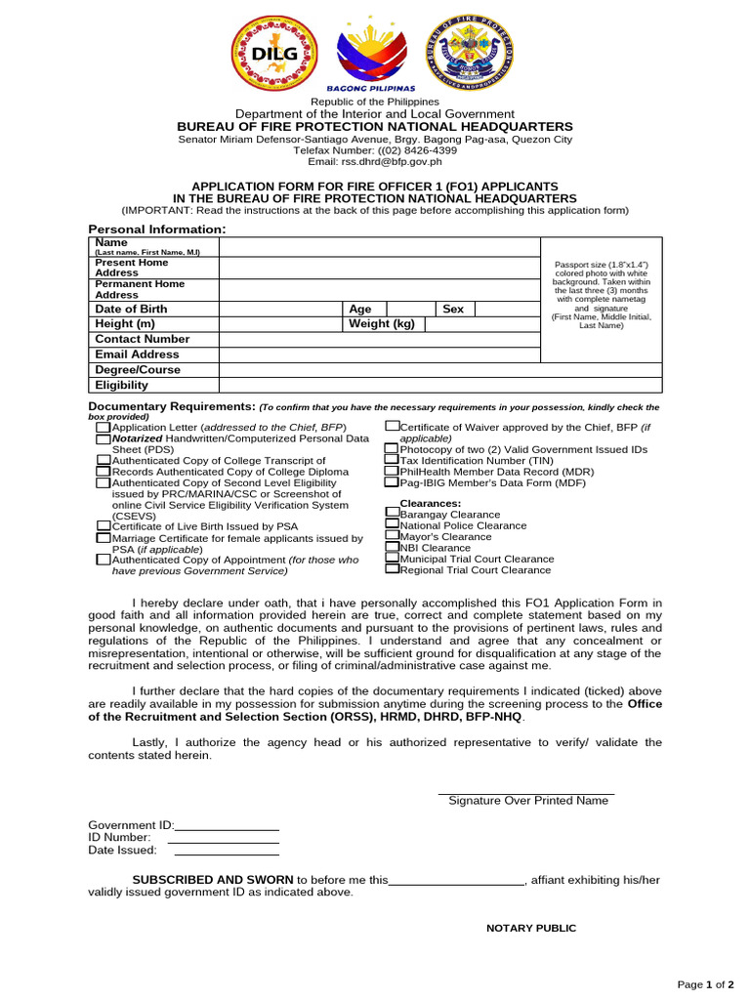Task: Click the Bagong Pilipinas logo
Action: (x=375, y=57)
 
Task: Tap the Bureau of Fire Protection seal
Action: (x=471, y=55)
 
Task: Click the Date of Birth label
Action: (x=131, y=309)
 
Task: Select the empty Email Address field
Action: (x=380, y=354)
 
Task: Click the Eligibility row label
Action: (x=122, y=386)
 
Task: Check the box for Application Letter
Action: (x=103, y=428)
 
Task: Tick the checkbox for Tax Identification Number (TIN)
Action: (x=392, y=460)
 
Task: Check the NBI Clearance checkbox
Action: (x=392, y=548)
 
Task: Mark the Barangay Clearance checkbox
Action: (x=392, y=514)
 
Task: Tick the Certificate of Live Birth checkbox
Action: (x=103, y=526)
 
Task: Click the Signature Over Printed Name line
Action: (x=527, y=793)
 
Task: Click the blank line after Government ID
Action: (x=226, y=828)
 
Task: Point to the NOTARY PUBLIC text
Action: (x=531, y=928)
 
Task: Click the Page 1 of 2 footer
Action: (x=706, y=984)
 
